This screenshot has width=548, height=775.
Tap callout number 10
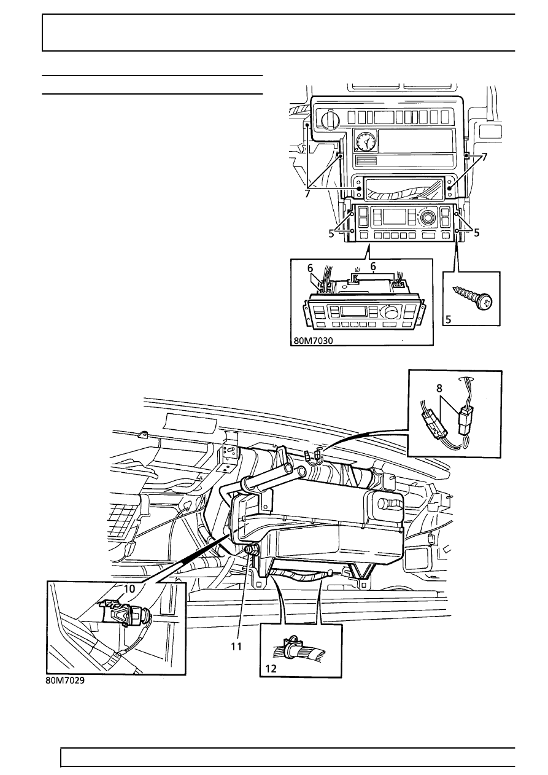(x=129, y=588)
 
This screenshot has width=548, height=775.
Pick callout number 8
(x=439, y=388)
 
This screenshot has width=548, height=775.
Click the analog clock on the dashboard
(x=365, y=142)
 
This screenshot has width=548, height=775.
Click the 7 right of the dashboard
(x=484, y=157)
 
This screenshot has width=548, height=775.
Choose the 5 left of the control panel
(x=331, y=233)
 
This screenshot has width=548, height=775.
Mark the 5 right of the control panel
(x=477, y=233)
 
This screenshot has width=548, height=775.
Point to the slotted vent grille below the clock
(x=367, y=162)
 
